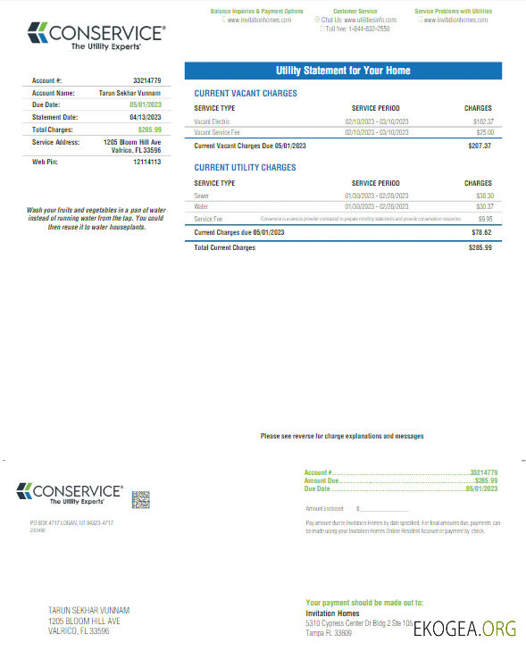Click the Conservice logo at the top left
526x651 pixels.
pos(96,37)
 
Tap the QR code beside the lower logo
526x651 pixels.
pos(140,499)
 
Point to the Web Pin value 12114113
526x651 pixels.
pos(146,163)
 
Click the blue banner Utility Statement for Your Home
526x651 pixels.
pos(343,71)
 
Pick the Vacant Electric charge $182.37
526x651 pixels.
pos(482,121)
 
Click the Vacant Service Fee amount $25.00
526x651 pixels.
pos(484,132)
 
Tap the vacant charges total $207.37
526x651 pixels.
pos(480,145)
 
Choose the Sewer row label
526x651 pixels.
pos(202,195)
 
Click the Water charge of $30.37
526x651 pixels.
pos(484,206)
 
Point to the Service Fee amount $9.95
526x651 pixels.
pos(485,218)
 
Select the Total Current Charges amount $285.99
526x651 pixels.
pos(480,247)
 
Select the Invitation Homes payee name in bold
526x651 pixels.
pos(331,613)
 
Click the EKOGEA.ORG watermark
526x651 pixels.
pos(464,629)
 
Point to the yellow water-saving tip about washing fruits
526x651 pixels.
pos(95,218)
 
